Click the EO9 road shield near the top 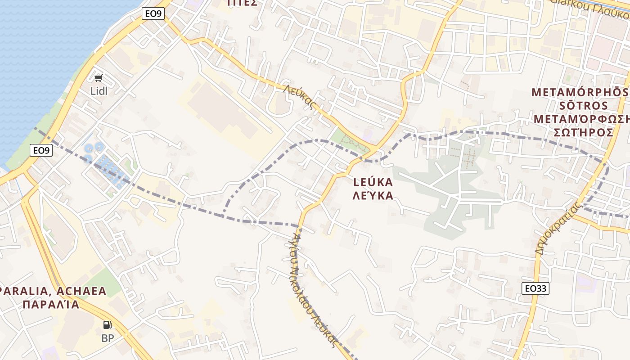153,13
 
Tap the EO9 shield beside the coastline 41,150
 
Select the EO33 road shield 536,288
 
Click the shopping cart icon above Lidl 99,78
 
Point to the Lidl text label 99,91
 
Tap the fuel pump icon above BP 108,324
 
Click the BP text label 108,338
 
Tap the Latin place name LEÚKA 373,182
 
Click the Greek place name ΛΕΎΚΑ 373,195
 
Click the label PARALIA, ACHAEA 53,291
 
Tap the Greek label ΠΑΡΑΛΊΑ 50,305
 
